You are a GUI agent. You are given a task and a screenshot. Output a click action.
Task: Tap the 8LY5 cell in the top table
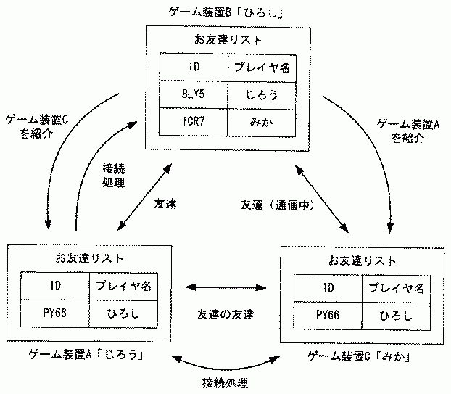tap(194, 94)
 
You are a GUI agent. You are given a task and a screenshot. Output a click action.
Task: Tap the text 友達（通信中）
tap(277, 205)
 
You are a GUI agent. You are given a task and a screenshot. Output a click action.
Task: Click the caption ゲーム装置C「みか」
tap(360, 356)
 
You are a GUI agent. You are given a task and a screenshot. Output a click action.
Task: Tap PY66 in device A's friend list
tap(55, 313)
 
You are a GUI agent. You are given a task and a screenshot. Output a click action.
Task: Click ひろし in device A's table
tap(123, 313)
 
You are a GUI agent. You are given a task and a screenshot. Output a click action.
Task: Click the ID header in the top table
tap(194, 67)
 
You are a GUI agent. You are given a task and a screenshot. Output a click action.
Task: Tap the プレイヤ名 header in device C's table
tap(396, 288)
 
